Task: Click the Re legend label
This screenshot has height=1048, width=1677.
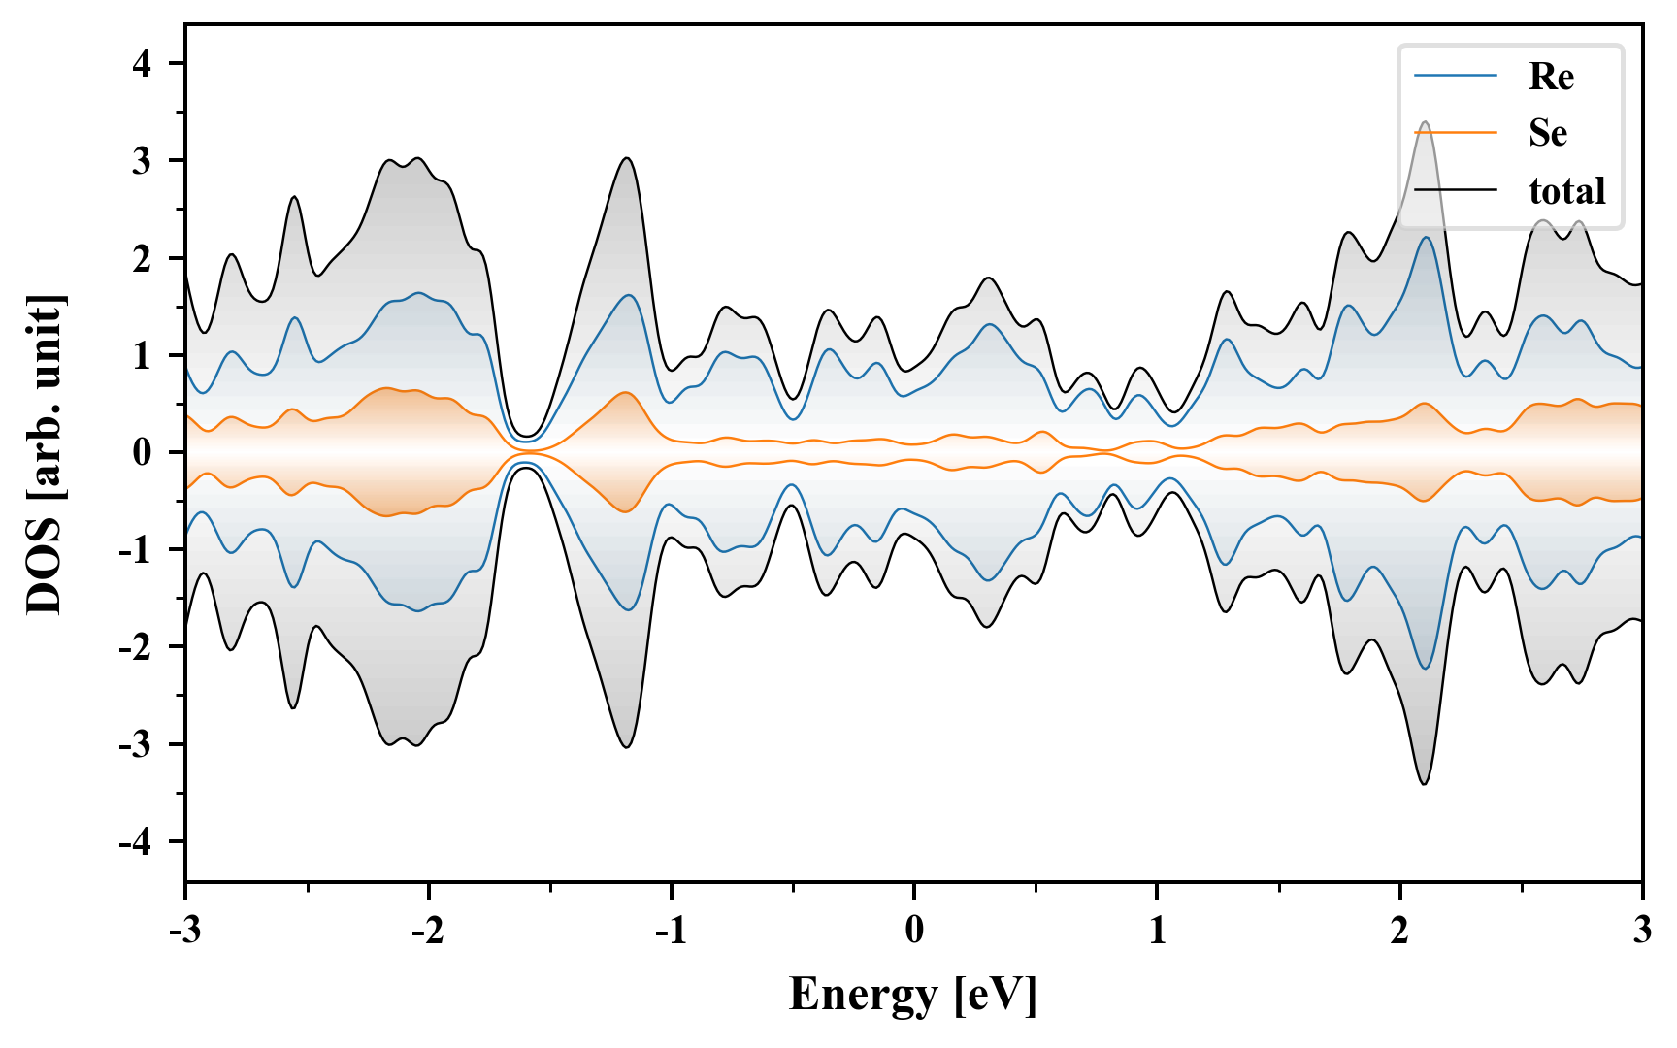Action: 1550,77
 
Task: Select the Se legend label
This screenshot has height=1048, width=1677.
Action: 1547,133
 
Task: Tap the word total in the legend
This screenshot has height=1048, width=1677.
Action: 1566,190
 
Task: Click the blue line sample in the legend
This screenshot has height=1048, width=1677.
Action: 1455,76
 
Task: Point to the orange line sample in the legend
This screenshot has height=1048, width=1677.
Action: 1455,133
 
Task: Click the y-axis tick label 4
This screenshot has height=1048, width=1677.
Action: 143,64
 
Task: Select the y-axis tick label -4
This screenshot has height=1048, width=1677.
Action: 136,842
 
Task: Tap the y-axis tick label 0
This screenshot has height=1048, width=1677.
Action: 143,453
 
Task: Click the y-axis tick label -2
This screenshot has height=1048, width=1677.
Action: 136,647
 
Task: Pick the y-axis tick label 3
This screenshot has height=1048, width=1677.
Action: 143,161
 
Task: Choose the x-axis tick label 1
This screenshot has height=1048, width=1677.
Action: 1157,931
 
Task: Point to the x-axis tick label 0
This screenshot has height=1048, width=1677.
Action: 914,931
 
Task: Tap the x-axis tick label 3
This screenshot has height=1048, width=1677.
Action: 1642,931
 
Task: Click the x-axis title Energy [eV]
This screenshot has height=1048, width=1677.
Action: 913,995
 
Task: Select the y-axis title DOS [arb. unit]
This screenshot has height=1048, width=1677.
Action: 45,453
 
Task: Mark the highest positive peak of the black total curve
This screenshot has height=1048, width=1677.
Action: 1425,122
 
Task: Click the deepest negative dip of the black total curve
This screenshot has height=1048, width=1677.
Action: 1425,784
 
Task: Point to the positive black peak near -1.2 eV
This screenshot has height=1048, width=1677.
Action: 627,158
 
